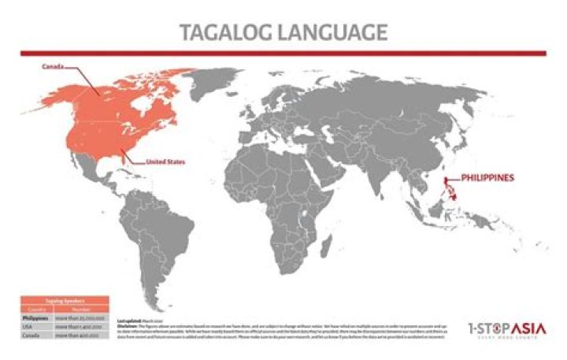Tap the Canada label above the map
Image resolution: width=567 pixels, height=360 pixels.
click(x=53, y=67)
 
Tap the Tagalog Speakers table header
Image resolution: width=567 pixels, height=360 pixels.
click(x=64, y=301)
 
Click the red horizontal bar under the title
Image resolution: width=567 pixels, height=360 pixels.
click(x=283, y=53)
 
